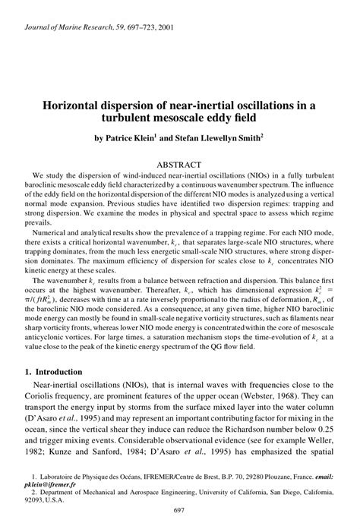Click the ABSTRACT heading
click(179, 164)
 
